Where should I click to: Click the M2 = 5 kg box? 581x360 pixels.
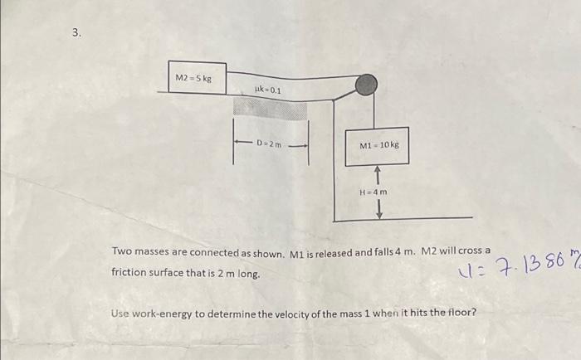(x=196, y=77)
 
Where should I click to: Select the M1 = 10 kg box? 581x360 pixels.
(x=378, y=145)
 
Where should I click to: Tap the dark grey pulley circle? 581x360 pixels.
(x=365, y=85)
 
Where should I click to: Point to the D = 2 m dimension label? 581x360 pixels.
(x=271, y=144)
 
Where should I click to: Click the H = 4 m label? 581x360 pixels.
(x=373, y=192)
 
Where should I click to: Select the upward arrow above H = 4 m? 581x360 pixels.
(x=378, y=175)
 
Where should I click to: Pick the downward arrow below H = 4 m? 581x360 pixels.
(x=378, y=209)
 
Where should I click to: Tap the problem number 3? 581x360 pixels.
(x=76, y=33)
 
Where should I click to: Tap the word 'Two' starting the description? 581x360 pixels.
(x=122, y=251)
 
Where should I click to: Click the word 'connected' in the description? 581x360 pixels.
(x=214, y=251)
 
